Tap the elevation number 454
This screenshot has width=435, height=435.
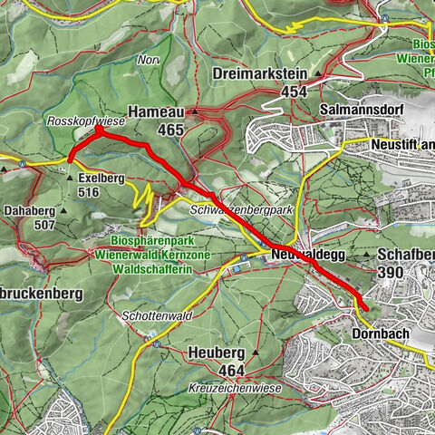pos(293,92)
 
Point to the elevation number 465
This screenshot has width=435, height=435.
pos(169,130)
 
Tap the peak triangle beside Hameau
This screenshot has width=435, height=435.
pos(195,111)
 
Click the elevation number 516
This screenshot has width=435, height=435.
pos(89,193)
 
